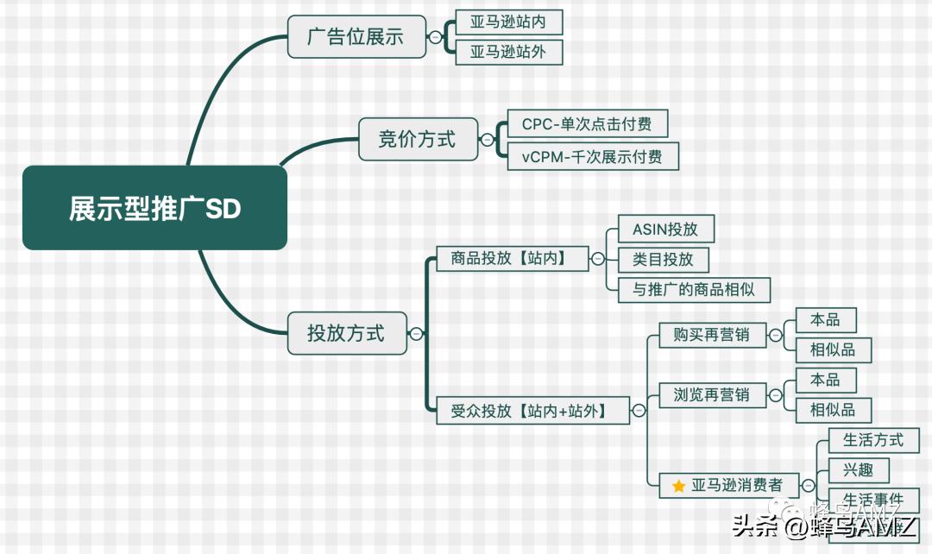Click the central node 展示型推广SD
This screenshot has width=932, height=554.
(154, 208)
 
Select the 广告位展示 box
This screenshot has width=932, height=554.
(356, 37)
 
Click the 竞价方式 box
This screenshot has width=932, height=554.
(418, 139)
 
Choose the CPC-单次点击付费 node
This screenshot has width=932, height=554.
(588, 124)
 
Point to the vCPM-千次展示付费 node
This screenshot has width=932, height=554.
(593, 156)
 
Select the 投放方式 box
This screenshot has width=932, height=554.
(346, 332)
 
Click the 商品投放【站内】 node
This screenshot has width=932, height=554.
(507, 258)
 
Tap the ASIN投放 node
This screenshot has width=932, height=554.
(666, 229)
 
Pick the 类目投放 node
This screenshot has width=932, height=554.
(663, 259)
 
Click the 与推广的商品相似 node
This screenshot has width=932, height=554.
(694, 289)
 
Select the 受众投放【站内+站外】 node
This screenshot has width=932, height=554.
(529, 411)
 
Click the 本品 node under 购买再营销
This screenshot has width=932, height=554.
(825, 319)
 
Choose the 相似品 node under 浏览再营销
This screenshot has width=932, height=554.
(833, 410)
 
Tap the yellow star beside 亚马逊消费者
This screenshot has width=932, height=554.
(678, 487)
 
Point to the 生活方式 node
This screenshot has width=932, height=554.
(873, 440)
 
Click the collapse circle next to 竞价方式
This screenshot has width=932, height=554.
(488, 140)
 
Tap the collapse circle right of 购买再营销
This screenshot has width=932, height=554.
(776, 335)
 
